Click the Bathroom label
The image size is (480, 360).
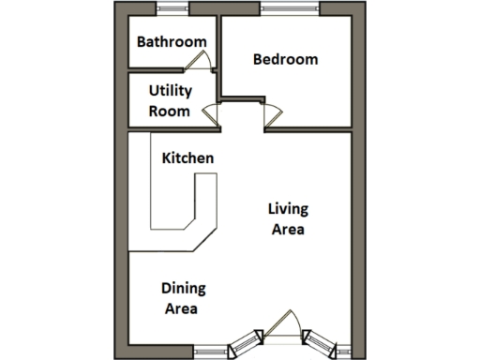[x=172, y=41]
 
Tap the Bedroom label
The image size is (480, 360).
[x=286, y=59]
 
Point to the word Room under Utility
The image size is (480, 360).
[x=171, y=111]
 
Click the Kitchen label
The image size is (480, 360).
[x=187, y=157]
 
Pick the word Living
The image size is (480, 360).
[x=288, y=209]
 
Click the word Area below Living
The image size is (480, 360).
[x=288, y=229]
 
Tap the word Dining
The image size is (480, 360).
[x=183, y=288]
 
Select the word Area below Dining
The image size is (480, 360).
[x=182, y=307]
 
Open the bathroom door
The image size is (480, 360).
[x=197, y=60]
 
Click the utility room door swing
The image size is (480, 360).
[x=210, y=116]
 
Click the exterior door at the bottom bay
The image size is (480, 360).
[x=282, y=329]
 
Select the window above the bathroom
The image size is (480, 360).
[x=172, y=10]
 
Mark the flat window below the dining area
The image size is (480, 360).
[x=212, y=352]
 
